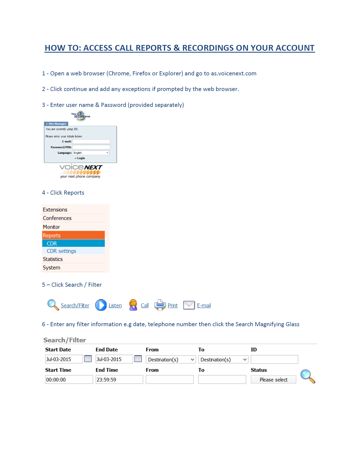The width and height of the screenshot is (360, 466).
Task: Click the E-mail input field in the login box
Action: [x=91, y=141]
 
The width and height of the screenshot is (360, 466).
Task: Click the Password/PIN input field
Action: [x=91, y=147]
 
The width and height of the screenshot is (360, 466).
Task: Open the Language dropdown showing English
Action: [x=91, y=153]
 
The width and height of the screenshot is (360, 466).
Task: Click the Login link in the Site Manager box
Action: [x=80, y=158]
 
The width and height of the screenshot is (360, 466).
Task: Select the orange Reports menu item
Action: [x=73, y=235]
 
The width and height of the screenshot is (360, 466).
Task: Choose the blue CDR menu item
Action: [x=73, y=243]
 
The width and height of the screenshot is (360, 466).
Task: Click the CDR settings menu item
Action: [x=61, y=251]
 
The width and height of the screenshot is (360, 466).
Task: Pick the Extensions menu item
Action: [x=55, y=210]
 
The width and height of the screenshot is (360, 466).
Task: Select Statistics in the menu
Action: [x=53, y=259]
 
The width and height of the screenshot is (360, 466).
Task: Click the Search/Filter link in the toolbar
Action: [x=75, y=305]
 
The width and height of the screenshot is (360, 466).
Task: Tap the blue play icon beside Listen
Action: [x=101, y=305]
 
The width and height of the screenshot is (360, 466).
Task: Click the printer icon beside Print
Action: [x=160, y=305]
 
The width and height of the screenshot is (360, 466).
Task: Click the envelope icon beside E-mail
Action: [x=189, y=305]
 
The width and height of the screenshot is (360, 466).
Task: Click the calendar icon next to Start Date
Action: [x=88, y=359]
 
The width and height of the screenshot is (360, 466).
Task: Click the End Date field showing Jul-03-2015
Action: [x=114, y=359]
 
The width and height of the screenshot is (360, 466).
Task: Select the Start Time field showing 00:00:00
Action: [x=69, y=380]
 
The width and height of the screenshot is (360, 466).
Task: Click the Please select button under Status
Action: [x=273, y=380]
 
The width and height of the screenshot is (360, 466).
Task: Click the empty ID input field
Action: [x=274, y=359]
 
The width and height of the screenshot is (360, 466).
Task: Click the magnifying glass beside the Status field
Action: [x=307, y=376]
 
